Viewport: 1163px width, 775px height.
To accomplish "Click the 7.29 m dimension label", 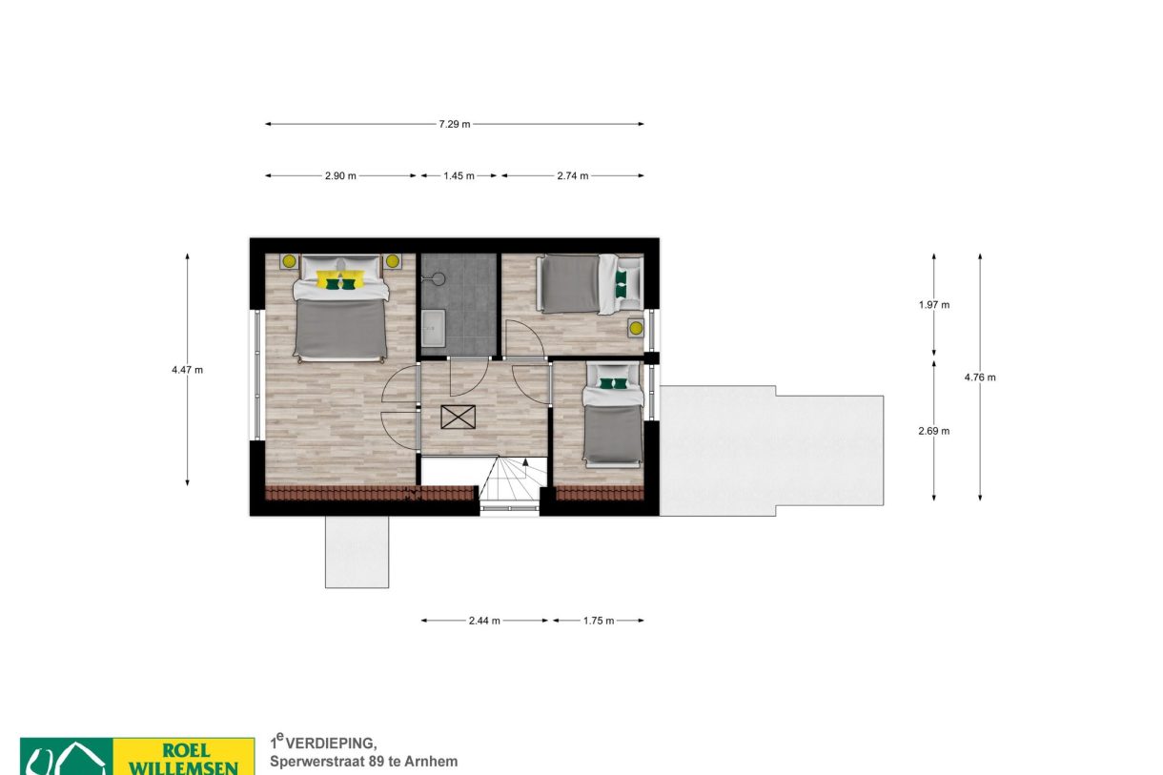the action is pos(455,124).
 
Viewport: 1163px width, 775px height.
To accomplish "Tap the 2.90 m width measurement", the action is pos(340,176).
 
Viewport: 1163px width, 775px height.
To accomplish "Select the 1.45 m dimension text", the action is pos(459,176).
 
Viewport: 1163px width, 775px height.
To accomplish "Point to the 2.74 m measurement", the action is pos(573,176).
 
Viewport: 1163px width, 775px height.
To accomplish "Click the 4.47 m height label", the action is pos(188,370).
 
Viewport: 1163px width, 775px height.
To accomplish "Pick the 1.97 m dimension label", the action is pos(934,305).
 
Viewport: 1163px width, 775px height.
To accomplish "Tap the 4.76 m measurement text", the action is pos(980,377).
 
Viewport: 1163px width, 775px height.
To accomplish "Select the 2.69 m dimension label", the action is pos(934,431).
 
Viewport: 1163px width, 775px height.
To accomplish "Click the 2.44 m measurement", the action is pos(484,621).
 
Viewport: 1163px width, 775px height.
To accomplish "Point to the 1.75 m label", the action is pos(599,621).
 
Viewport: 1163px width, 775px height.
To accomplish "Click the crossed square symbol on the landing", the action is pos(458,417).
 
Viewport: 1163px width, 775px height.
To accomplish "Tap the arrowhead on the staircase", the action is pos(525,462).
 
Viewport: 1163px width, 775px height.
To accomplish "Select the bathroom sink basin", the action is pos(433,329).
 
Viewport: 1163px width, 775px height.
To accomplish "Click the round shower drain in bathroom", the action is pos(439,278).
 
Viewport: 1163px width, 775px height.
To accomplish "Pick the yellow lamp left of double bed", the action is pos(289,260).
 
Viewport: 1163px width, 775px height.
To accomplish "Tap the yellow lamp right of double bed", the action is pos(393,260).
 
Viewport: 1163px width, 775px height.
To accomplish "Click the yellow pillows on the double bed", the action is pos(340,279).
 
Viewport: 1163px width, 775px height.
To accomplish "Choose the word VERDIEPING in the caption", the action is pos(331,744).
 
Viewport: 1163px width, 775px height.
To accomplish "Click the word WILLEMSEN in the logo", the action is pos(183,767).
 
